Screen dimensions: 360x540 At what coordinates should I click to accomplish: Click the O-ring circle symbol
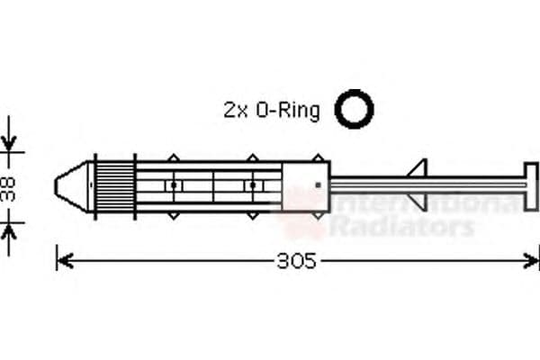coord(354,109)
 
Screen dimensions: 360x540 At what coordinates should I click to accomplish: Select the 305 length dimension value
coord(296,261)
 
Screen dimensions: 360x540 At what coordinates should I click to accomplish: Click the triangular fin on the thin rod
coord(416,169)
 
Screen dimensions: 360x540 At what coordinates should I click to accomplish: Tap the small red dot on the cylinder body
coord(318,185)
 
